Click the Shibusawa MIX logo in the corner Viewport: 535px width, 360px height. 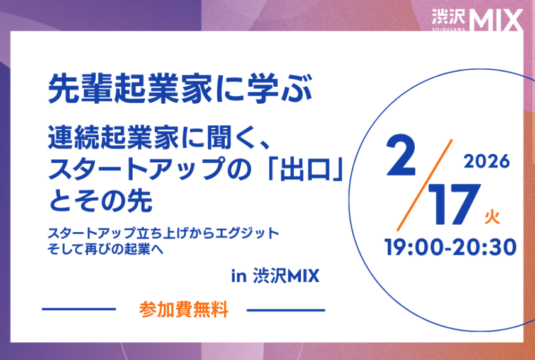477,19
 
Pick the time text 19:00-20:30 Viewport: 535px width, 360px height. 450,245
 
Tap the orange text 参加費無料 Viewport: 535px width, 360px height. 183,310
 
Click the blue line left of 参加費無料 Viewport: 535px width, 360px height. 79,310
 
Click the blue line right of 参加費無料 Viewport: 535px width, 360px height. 286,310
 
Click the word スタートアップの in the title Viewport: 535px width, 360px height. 158,170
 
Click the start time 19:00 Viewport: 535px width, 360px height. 415,245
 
